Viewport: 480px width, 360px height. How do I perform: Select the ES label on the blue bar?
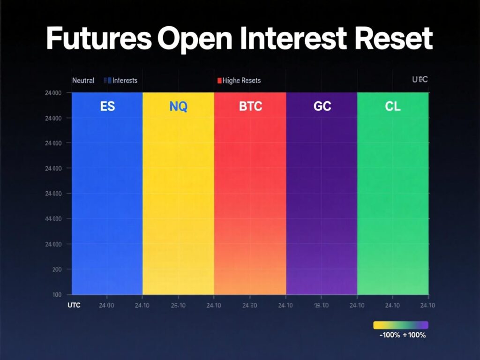point(107,106)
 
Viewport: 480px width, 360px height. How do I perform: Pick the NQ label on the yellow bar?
point(178,106)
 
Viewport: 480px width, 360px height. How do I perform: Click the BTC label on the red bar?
point(250,106)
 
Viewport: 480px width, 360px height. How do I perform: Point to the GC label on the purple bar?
point(322,106)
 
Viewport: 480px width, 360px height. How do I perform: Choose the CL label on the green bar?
point(393,106)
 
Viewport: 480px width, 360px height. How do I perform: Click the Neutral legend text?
point(83,81)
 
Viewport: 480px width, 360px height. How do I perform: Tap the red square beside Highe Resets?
point(219,81)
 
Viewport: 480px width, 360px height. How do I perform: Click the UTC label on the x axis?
point(74,305)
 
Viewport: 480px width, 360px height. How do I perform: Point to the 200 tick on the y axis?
point(56,270)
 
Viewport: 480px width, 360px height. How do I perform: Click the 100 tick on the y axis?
point(56,294)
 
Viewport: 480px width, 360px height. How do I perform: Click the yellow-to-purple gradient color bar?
point(401,325)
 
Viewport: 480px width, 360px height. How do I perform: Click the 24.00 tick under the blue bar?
point(107,306)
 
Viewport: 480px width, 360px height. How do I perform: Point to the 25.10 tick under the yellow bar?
point(178,306)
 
